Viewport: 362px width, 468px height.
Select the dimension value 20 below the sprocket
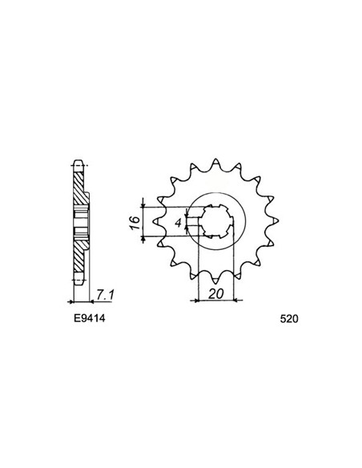214,294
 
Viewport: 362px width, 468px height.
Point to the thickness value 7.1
103,294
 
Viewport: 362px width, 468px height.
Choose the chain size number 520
290,318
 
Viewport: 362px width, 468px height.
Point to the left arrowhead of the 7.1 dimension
74,302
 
